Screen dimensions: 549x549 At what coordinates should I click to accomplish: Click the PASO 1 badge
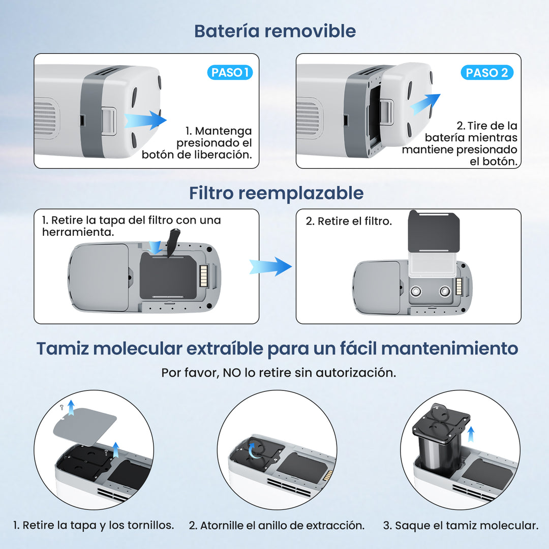point(230,73)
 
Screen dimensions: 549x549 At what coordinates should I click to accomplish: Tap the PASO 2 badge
point(486,73)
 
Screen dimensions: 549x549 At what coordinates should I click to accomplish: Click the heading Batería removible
point(274,31)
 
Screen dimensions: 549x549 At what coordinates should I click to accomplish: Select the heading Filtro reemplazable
point(276,193)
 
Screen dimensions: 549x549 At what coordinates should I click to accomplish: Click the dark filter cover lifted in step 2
point(435,232)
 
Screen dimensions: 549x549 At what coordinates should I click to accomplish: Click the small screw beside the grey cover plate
point(62,408)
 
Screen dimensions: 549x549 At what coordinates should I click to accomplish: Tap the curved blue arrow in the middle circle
point(255,449)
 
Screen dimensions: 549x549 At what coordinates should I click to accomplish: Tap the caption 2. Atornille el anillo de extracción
point(277,526)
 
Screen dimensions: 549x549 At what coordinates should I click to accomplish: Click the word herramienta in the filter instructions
point(77,232)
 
